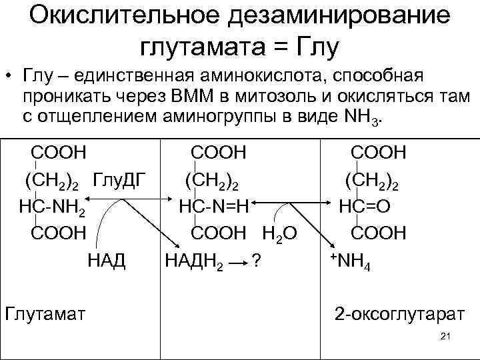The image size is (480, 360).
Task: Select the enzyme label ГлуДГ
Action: [119, 179]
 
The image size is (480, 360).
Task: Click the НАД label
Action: [107, 259]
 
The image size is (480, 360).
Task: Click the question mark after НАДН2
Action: [253, 261]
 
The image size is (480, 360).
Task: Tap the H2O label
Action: [279, 233]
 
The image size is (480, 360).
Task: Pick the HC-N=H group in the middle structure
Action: [213, 206]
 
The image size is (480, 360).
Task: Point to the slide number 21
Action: [446, 337]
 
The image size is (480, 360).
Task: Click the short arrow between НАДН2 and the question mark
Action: [236, 261]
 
